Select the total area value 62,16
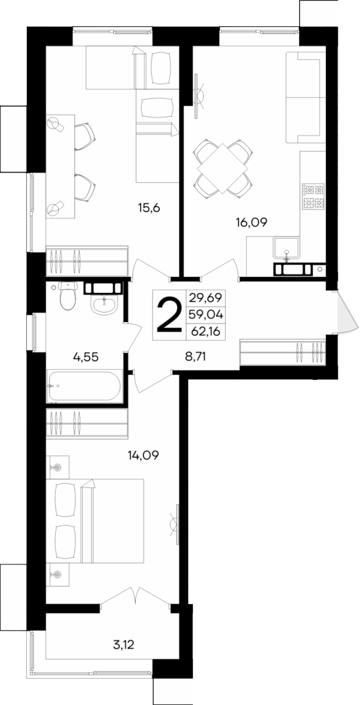(x=207, y=332)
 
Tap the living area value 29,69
(x=207, y=297)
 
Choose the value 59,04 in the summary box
(x=207, y=315)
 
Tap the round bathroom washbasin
(x=103, y=305)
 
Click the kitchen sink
(x=288, y=250)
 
